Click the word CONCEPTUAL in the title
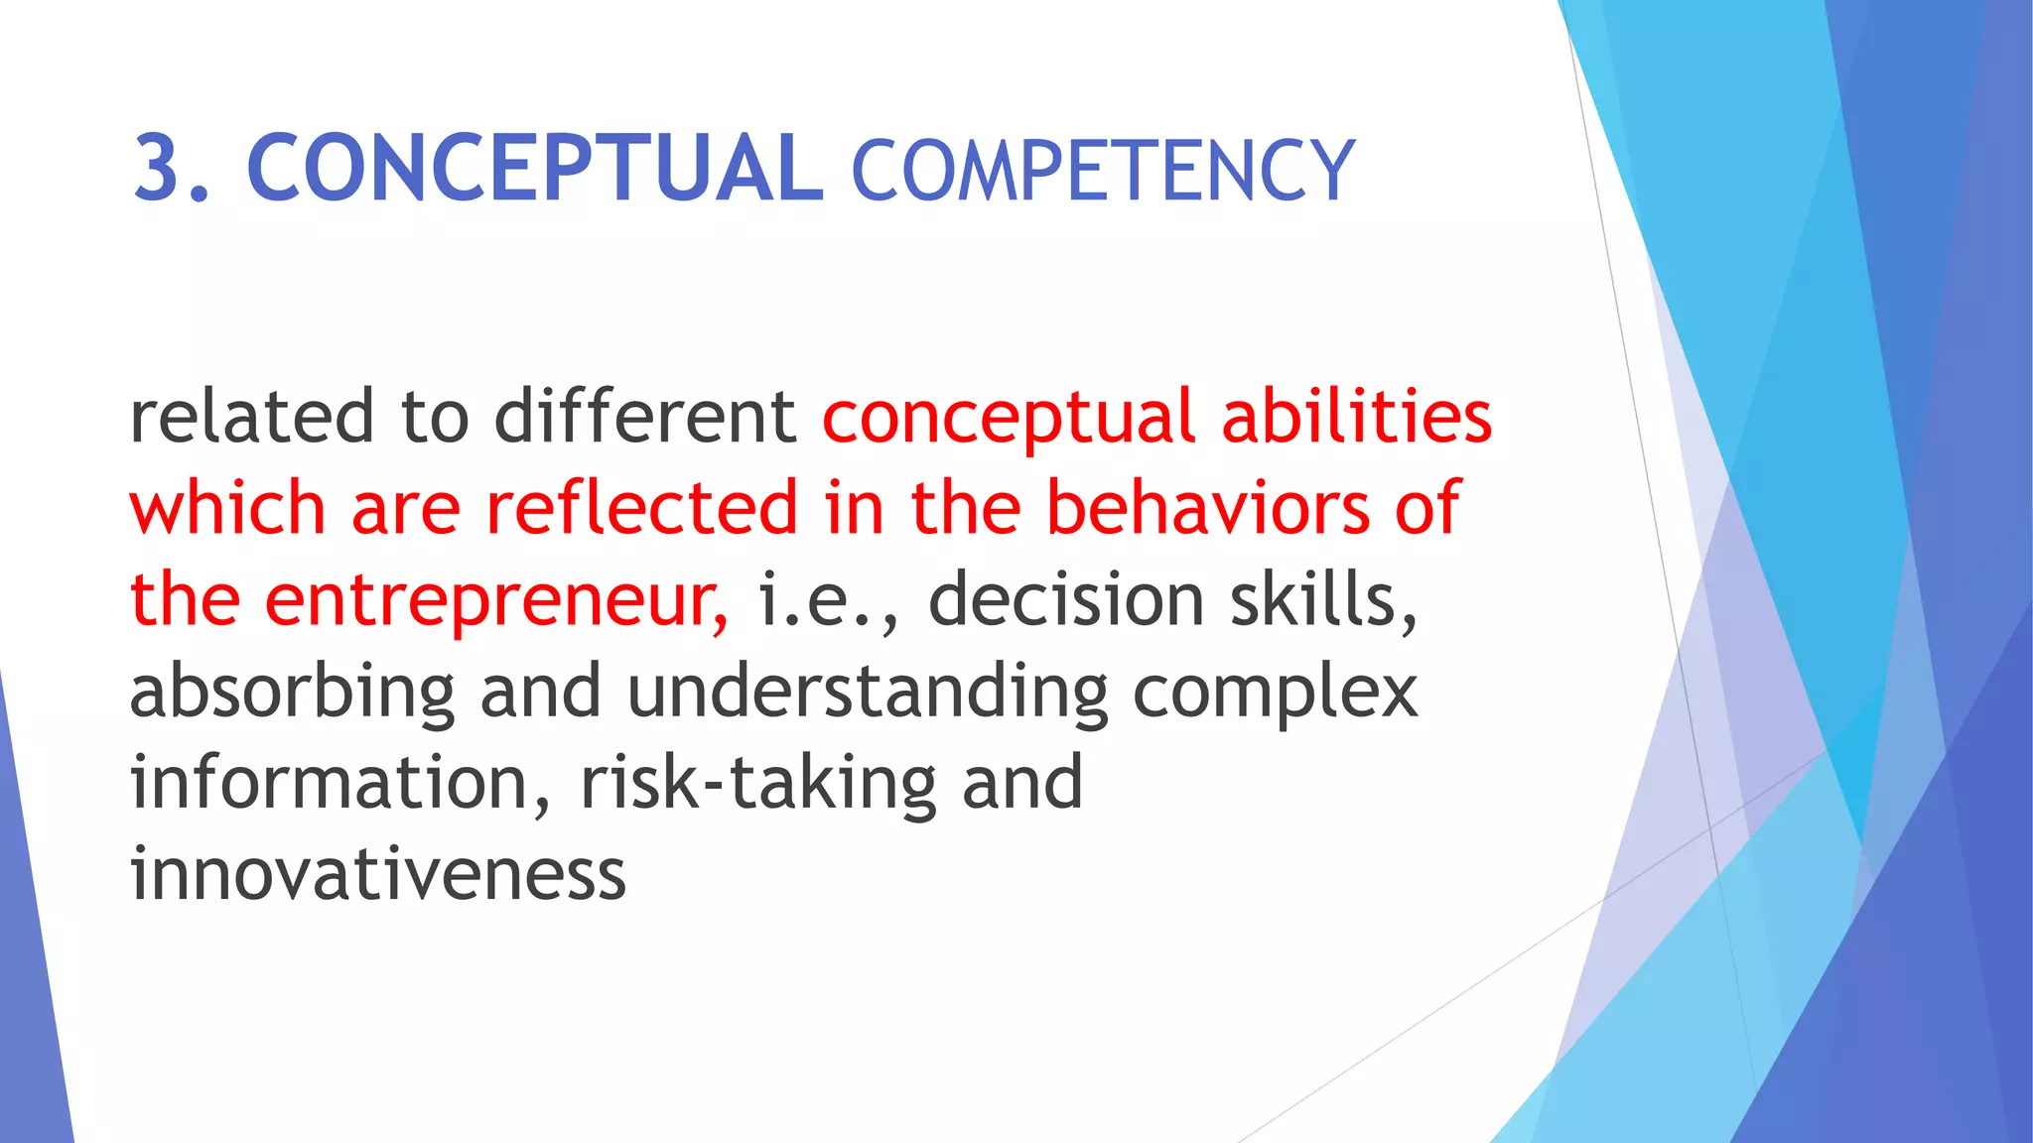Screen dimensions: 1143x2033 point(534,168)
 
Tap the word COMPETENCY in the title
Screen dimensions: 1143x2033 point(1102,171)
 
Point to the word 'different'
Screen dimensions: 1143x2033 point(645,417)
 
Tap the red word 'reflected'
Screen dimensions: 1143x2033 point(641,508)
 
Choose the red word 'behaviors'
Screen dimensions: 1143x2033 point(1208,508)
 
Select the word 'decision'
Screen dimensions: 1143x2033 point(1066,600)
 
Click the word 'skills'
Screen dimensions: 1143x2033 point(1320,600)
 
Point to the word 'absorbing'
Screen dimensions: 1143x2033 point(292,694)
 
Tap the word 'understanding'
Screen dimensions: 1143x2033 point(868,694)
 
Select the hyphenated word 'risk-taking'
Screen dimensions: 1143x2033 point(757,784)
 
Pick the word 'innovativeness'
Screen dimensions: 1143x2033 point(377,875)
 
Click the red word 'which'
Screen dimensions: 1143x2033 point(227,508)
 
